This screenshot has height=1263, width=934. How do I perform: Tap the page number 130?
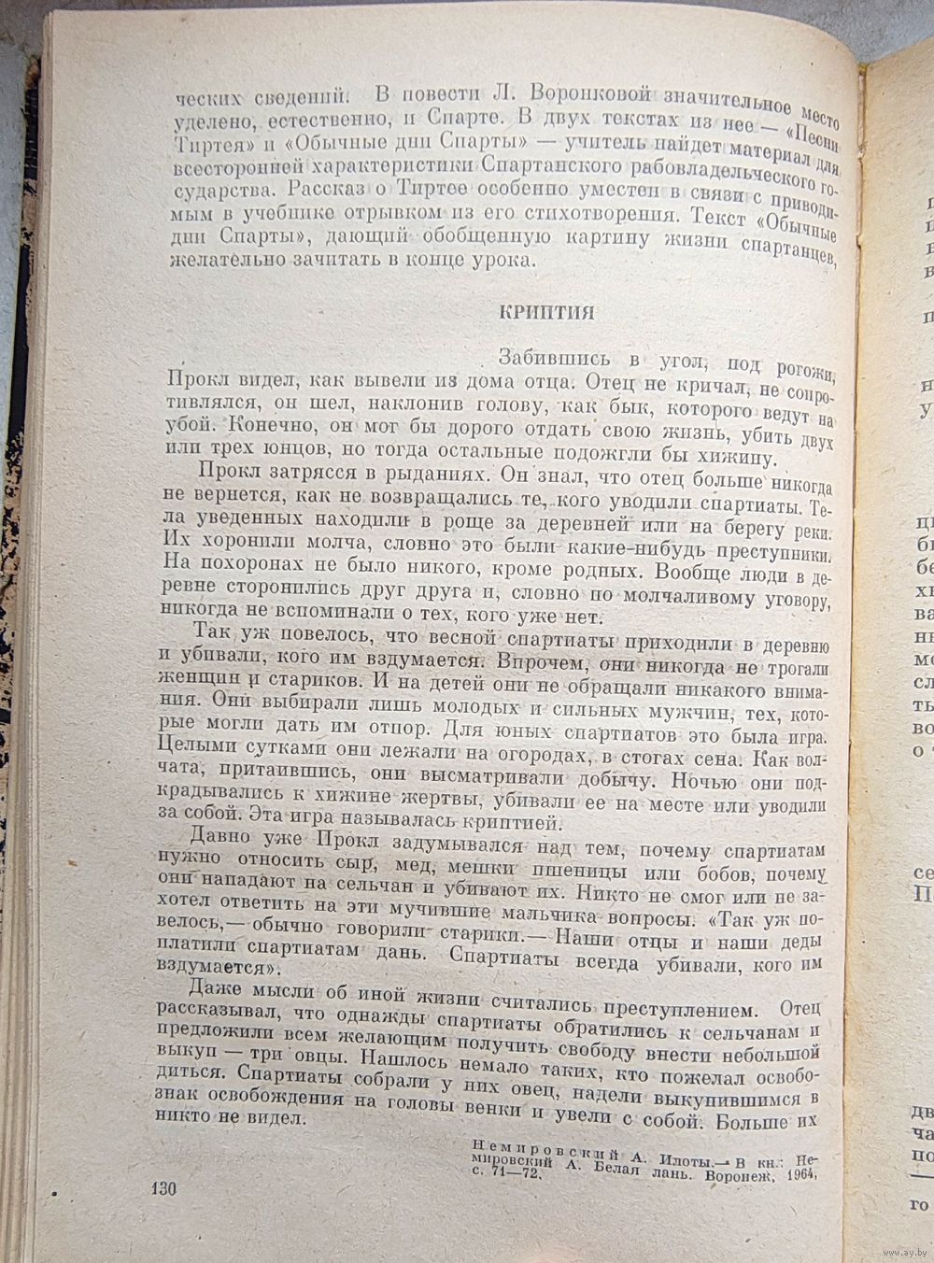163,1188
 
